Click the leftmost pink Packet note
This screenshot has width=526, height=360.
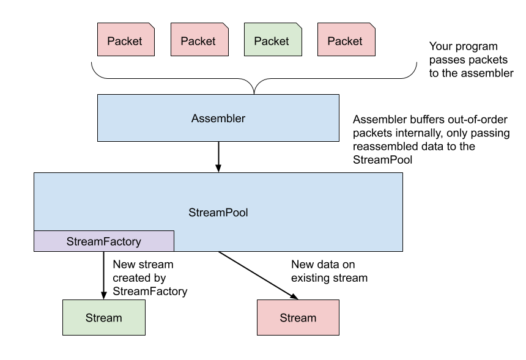(x=125, y=40)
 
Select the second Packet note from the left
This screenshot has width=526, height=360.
(x=199, y=40)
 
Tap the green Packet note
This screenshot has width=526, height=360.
(x=272, y=40)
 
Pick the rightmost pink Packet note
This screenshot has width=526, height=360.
(x=346, y=40)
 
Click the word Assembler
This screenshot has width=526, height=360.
(x=218, y=119)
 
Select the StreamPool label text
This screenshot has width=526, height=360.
(x=218, y=213)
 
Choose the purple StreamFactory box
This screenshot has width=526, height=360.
(x=103, y=241)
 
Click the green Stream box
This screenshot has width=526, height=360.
(x=103, y=318)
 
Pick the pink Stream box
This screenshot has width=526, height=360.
(x=298, y=318)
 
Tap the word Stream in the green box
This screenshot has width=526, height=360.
(x=103, y=318)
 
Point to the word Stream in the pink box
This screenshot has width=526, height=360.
(x=298, y=318)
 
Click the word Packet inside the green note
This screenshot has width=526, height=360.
(x=271, y=41)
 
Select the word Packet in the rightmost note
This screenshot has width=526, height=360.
(x=344, y=41)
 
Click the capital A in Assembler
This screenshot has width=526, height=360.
(x=195, y=119)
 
